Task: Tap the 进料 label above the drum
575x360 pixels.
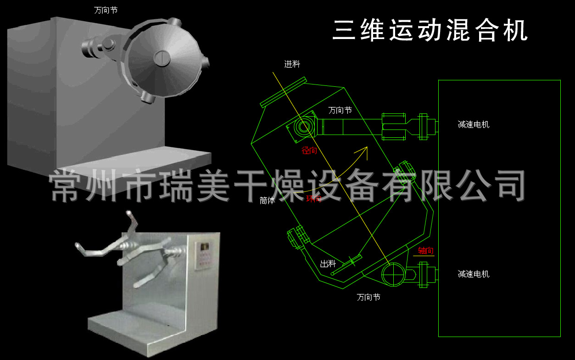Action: tap(292, 64)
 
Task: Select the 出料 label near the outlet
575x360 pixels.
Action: tap(328, 264)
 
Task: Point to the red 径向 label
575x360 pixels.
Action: tap(309, 151)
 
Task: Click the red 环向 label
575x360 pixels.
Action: tap(313, 199)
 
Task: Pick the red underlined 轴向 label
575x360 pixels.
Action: tap(425, 251)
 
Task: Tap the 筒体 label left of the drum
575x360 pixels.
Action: tap(267, 201)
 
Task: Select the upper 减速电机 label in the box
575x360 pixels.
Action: tap(474, 124)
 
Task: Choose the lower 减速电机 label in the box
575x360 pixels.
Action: tap(474, 274)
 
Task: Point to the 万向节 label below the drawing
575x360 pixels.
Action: tap(368, 297)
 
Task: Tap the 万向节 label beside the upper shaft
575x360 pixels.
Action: tap(340, 110)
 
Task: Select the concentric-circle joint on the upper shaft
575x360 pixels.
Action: tap(303, 127)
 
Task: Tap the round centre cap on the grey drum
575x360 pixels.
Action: tap(161, 57)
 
